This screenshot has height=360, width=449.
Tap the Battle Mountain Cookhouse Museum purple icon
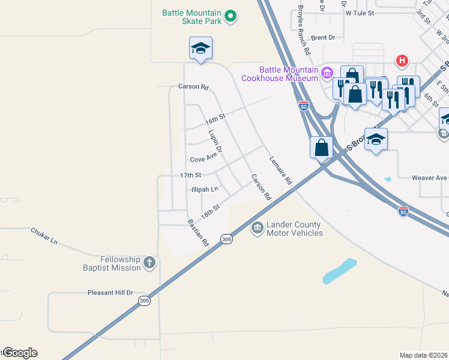point(327,73)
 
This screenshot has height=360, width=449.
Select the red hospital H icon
point(402,61)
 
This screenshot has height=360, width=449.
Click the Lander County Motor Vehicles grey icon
point(257,228)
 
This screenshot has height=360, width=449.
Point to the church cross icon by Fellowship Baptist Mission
point(149,262)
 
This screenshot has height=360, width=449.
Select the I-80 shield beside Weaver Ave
point(403,212)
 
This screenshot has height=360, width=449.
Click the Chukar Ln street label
point(44,236)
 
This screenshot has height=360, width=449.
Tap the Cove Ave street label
point(203,158)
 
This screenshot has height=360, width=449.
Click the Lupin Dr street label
point(215,140)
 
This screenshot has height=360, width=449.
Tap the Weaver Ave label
point(430,178)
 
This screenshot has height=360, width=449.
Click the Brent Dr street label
point(323,37)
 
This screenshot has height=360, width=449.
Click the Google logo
point(20,353)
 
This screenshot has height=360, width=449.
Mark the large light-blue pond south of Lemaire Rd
point(339,271)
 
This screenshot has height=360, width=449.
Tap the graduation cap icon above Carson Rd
point(200,47)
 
